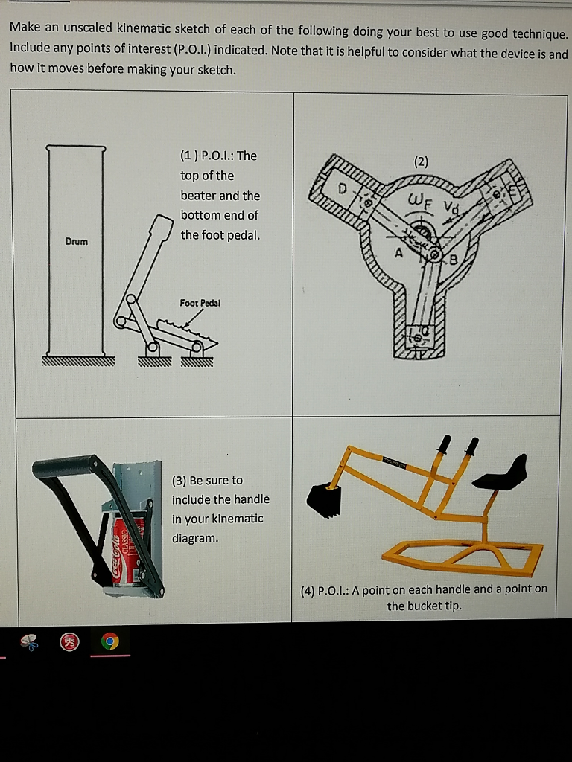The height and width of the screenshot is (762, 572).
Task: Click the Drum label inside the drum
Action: [x=76, y=242]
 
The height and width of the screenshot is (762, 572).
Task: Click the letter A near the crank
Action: [x=398, y=254]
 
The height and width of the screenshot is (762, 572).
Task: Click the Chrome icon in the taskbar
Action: [x=110, y=641]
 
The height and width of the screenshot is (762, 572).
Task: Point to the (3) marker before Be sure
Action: [x=179, y=480]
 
